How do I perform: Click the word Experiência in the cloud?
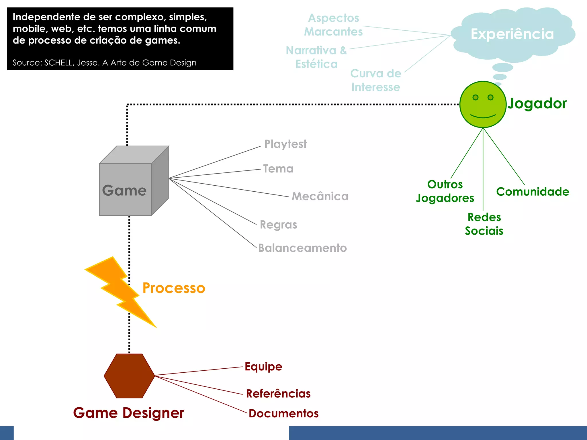coord(512,34)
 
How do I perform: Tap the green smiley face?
coord(483,110)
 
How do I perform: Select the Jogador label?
coord(537,103)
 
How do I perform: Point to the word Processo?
coord(174,288)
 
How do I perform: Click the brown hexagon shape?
coord(129,376)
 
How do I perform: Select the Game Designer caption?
coord(128,413)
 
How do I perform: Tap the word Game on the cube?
coord(124,190)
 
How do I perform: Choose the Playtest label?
coord(285,144)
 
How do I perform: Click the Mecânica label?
coord(320,197)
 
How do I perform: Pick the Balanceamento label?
coord(302,248)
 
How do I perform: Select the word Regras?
coord(278,225)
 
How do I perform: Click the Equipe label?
coord(263,367)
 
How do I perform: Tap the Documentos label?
coord(283,413)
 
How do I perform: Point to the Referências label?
coord(278,394)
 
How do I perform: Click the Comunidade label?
coord(533,192)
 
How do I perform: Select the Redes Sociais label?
coord(484,224)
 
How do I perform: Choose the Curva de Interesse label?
coord(376,80)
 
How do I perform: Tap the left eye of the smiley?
coord(476,97)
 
